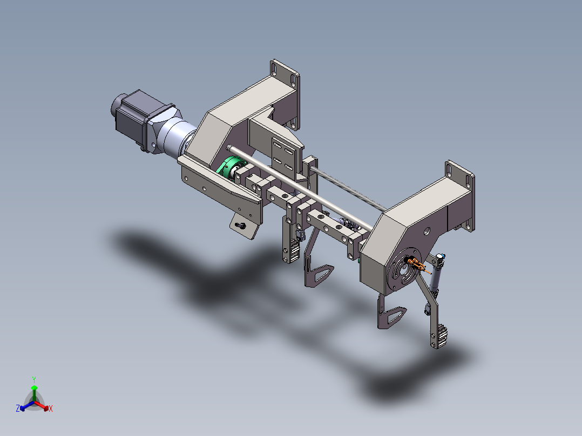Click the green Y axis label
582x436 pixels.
point(34,379)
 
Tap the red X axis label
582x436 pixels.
point(51,409)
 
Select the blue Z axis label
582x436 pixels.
point(17,409)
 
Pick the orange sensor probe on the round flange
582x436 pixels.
point(418,265)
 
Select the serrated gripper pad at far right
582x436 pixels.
point(441,336)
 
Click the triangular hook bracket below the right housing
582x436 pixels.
point(391,316)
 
